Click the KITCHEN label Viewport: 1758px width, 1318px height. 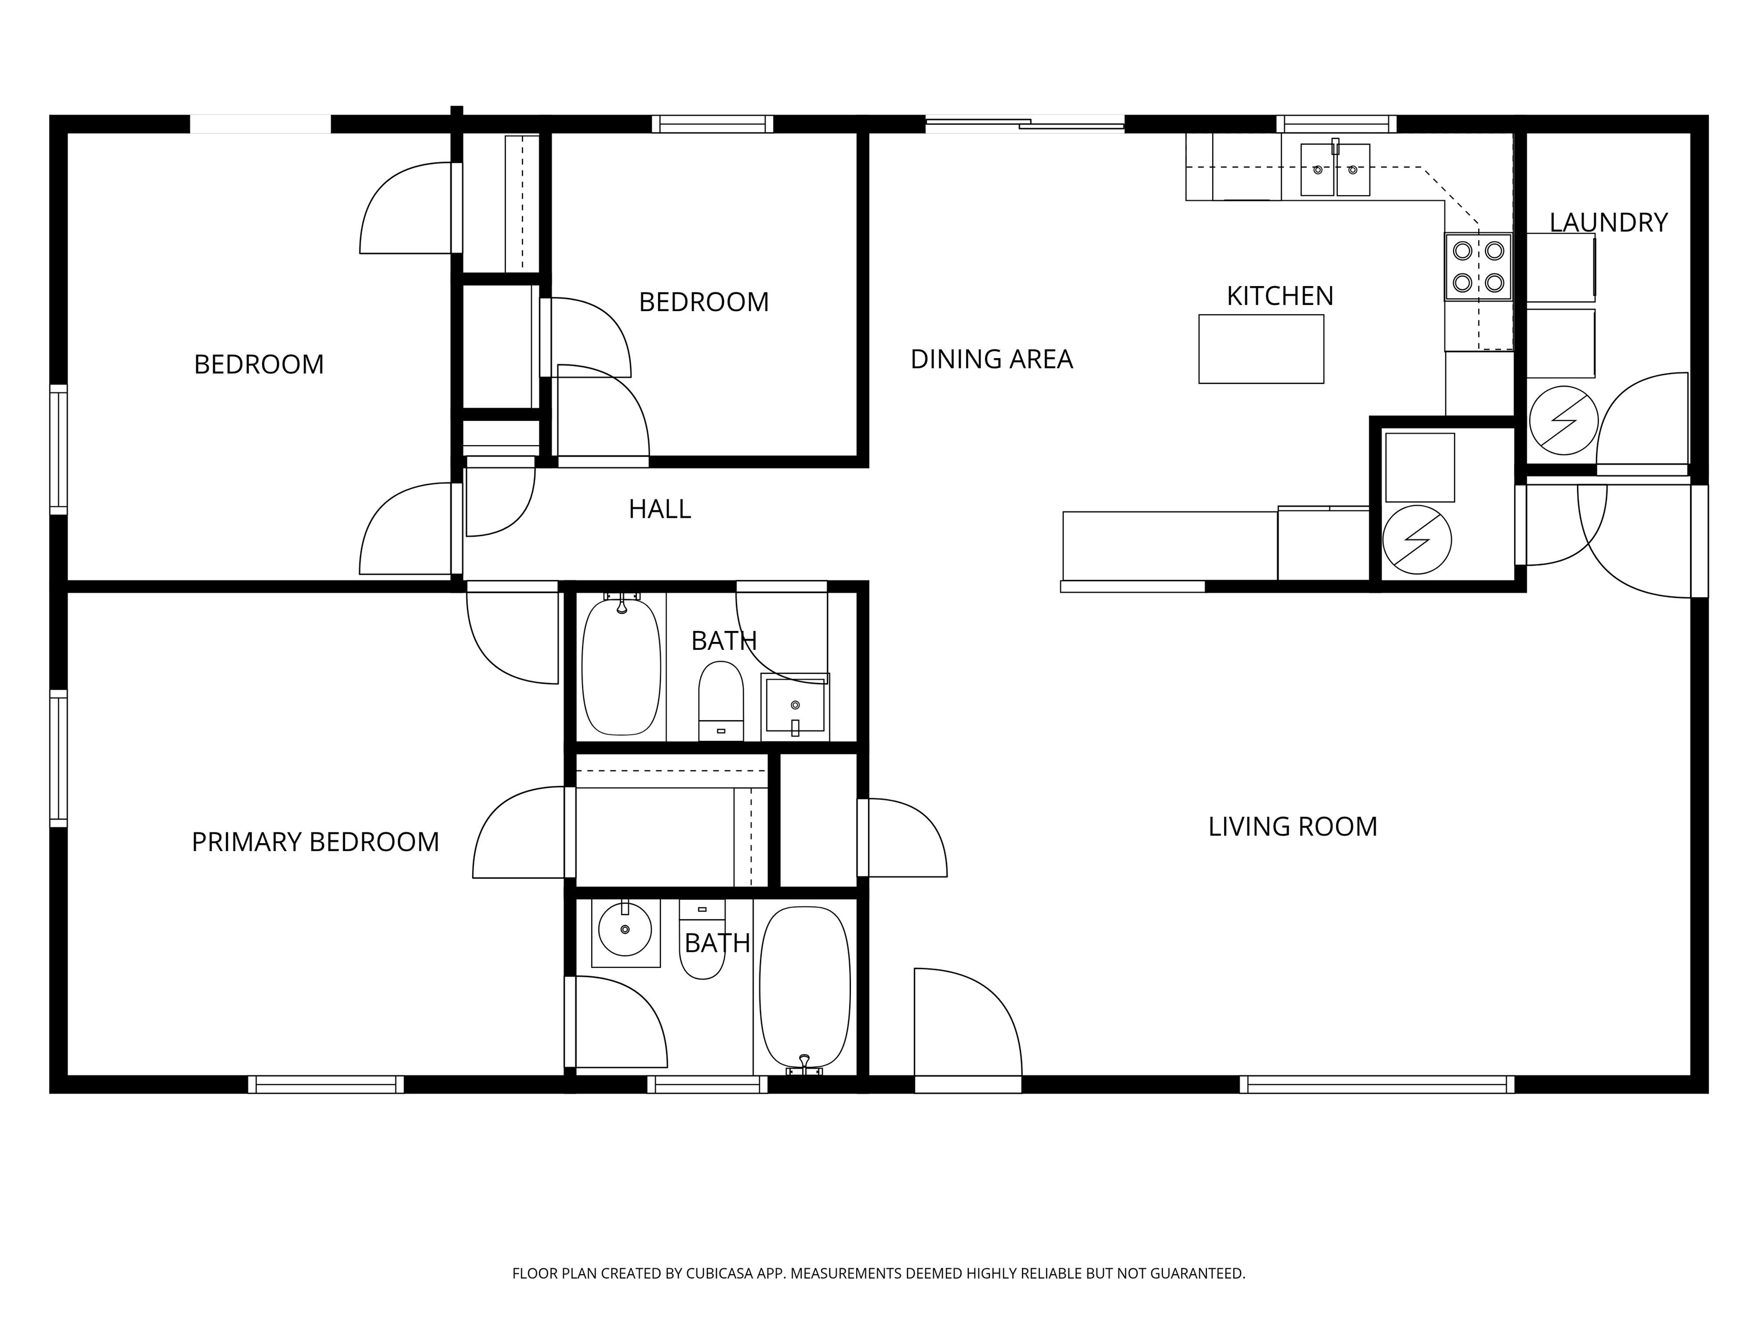click(1280, 296)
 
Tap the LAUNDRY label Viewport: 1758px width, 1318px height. click(1608, 223)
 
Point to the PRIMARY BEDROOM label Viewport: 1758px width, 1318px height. click(315, 842)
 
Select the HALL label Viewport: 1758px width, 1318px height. click(660, 509)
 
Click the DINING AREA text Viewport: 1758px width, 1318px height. click(991, 359)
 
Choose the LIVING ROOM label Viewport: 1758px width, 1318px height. click(1292, 827)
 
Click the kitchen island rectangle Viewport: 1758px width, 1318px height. click(1261, 349)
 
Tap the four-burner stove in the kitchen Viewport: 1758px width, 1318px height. click(1478, 267)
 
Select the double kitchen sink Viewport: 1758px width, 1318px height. click(1335, 169)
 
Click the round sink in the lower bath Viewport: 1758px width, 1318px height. click(625, 928)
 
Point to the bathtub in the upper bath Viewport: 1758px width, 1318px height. click(621, 666)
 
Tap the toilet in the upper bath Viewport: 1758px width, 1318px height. click(721, 700)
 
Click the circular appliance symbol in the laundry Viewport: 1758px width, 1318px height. click(1563, 420)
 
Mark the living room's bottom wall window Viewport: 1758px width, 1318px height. click(1376, 1085)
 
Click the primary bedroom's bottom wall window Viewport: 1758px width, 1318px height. click(326, 1085)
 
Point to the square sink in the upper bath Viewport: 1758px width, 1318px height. click(795, 707)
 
